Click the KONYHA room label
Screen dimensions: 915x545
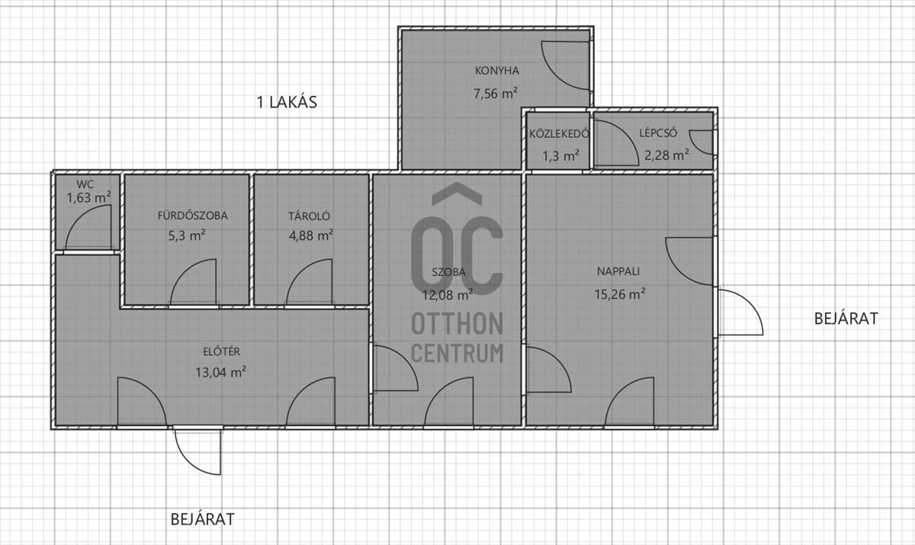(x=496, y=71)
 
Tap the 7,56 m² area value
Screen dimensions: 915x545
(x=496, y=94)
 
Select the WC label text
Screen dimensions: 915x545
(x=85, y=185)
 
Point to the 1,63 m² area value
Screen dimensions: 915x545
(x=88, y=198)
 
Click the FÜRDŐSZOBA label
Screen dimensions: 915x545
(x=192, y=215)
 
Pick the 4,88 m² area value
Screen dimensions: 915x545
(x=311, y=236)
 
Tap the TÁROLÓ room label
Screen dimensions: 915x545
(x=310, y=216)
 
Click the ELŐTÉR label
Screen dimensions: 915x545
(x=221, y=351)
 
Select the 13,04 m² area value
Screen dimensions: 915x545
(x=220, y=372)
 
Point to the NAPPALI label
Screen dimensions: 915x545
(x=618, y=271)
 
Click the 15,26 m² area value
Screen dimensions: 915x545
(x=620, y=294)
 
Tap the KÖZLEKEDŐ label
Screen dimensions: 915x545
(x=559, y=134)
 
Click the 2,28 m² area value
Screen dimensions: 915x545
(x=666, y=155)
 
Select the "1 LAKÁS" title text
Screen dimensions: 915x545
(x=287, y=102)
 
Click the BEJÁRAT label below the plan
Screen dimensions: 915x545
(x=202, y=519)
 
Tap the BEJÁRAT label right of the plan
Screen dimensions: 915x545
(x=846, y=319)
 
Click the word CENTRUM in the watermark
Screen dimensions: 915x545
(x=457, y=353)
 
